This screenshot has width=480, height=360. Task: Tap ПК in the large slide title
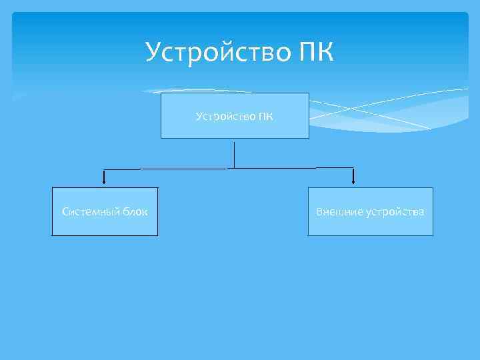click(311, 51)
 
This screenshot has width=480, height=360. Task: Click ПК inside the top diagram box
click(265, 117)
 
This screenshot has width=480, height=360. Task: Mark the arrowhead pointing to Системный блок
click(103, 180)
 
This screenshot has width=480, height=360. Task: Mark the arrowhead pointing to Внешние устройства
click(353, 180)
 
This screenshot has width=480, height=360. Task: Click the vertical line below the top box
click(235, 153)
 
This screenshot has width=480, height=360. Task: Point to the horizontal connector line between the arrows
click(167, 169)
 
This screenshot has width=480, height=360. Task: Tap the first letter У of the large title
click(154, 51)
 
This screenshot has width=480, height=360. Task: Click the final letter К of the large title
click(322, 51)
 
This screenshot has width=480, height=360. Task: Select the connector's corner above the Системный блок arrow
click(103, 169)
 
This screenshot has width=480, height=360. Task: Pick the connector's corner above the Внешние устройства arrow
click(353, 168)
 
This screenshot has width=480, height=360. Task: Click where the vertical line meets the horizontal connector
click(235, 168)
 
